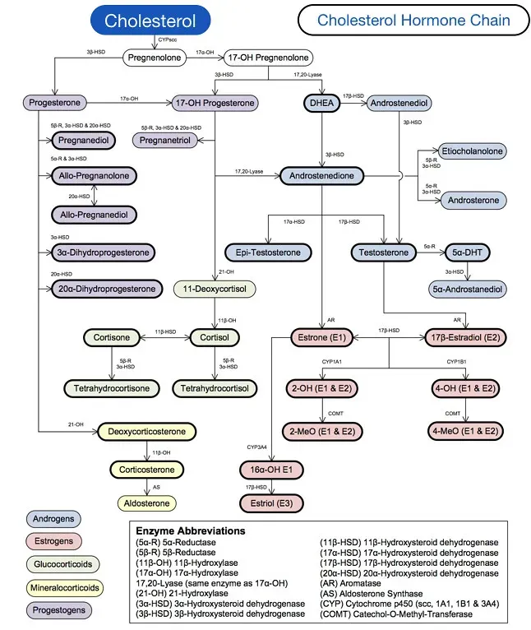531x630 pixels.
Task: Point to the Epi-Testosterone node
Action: [x=268, y=252]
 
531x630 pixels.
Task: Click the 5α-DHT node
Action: [x=467, y=252]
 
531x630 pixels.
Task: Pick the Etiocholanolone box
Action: [x=473, y=151]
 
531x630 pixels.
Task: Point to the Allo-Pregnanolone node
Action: [x=94, y=176]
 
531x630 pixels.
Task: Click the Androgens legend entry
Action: [x=53, y=520]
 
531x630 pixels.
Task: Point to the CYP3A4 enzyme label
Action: [x=257, y=447]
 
